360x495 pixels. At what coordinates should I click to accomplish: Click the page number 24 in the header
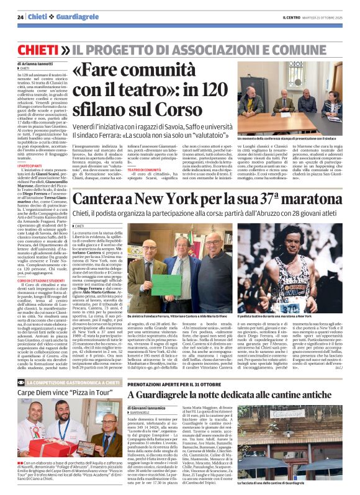21,17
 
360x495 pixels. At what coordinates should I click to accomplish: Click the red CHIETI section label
39,48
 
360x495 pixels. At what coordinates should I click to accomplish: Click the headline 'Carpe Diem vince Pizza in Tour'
58,393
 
